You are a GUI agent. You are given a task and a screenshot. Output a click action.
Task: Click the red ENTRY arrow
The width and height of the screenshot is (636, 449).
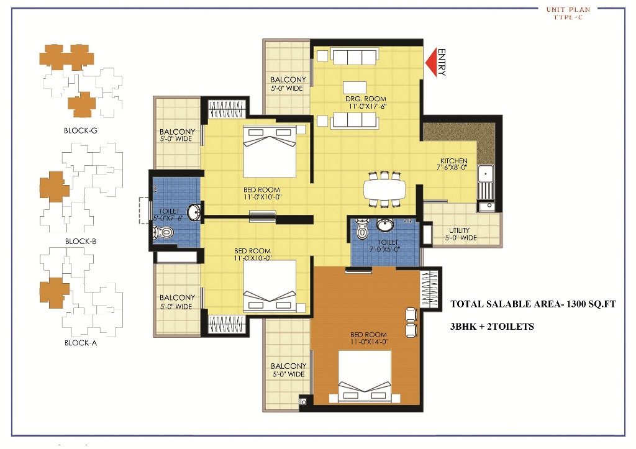[430, 62]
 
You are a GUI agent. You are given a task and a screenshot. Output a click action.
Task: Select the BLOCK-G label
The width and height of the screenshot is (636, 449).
[81, 130]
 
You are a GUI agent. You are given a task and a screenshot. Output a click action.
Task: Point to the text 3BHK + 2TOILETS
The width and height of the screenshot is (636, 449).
[492, 326]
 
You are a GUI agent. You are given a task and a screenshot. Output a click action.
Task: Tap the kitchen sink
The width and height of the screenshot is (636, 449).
[486, 180]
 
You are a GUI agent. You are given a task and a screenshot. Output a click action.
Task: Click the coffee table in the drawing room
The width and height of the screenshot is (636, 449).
[355, 86]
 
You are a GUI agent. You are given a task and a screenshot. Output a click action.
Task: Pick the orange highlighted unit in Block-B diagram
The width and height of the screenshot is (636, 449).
[54, 187]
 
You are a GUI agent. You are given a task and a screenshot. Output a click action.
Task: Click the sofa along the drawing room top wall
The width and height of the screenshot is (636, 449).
[355, 57]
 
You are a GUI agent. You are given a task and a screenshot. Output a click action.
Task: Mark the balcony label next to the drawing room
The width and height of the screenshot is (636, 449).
[288, 84]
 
